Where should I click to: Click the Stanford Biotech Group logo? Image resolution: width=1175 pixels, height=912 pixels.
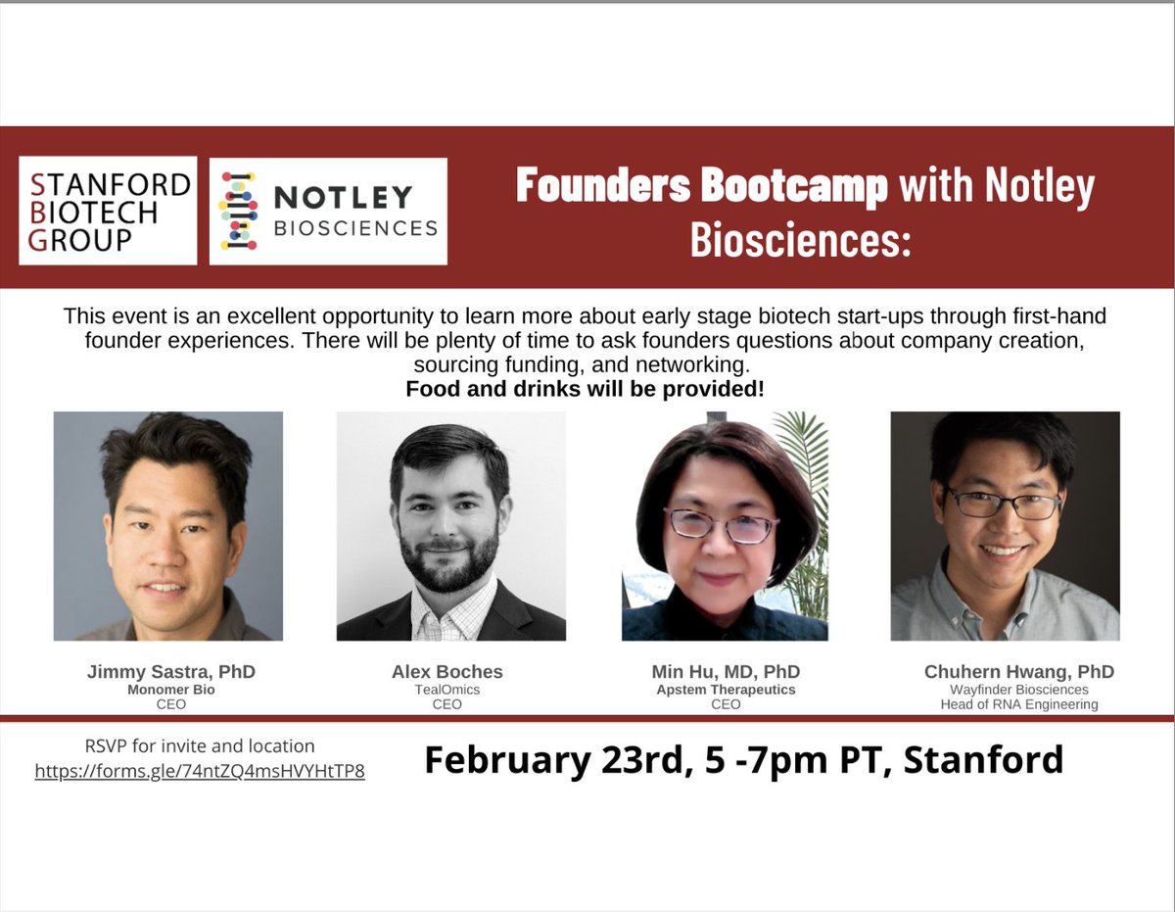(108, 210)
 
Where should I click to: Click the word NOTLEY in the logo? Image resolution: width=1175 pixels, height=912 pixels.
(343, 197)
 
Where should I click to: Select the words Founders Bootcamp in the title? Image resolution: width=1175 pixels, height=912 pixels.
(701, 186)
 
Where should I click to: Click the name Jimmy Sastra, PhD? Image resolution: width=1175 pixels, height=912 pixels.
(170, 672)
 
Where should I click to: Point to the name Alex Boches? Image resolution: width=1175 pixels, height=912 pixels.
(446, 672)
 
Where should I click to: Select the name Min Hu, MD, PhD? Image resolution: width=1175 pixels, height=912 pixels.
(726, 672)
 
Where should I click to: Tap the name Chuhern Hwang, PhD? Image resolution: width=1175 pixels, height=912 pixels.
(1018, 672)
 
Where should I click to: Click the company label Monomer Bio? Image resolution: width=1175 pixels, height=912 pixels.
(164, 690)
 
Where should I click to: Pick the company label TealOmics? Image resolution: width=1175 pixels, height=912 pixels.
(446, 690)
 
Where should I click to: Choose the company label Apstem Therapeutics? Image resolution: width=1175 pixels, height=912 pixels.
(726, 690)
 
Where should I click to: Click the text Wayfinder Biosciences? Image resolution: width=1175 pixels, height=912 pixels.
(1019, 690)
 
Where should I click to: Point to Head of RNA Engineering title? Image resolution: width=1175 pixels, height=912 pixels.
(1019, 704)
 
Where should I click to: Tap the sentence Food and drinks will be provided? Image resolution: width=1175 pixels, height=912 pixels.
(586, 389)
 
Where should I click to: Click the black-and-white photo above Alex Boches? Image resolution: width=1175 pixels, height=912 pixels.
(450, 526)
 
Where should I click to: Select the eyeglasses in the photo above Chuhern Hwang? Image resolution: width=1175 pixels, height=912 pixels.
(1002, 504)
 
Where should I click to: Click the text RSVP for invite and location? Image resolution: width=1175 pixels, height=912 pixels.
(200, 746)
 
